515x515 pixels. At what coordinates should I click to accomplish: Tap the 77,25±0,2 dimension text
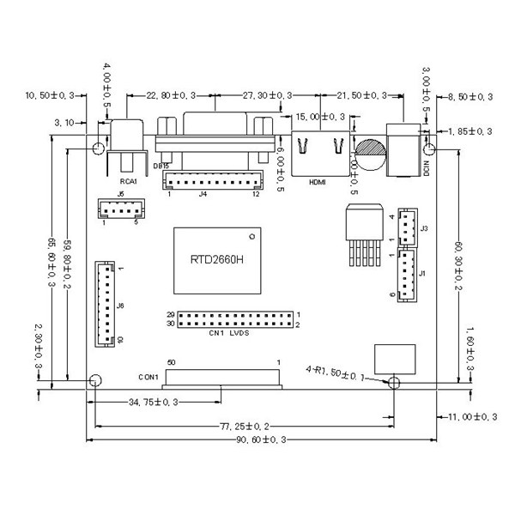(x=245, y=425)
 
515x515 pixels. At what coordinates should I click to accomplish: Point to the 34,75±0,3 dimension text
(x=154, y=402)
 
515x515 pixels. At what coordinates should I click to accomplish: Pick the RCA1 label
(x=129, y=182)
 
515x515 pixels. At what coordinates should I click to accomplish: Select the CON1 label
(x=149, y=376)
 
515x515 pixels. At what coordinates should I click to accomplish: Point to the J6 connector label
(x=121, y=306)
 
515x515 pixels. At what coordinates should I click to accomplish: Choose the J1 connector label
(x=424, y=273)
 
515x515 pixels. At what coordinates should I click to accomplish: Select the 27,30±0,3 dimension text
(x=267, y=94)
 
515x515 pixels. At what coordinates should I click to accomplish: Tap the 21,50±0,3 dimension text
(x=362, y=94)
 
